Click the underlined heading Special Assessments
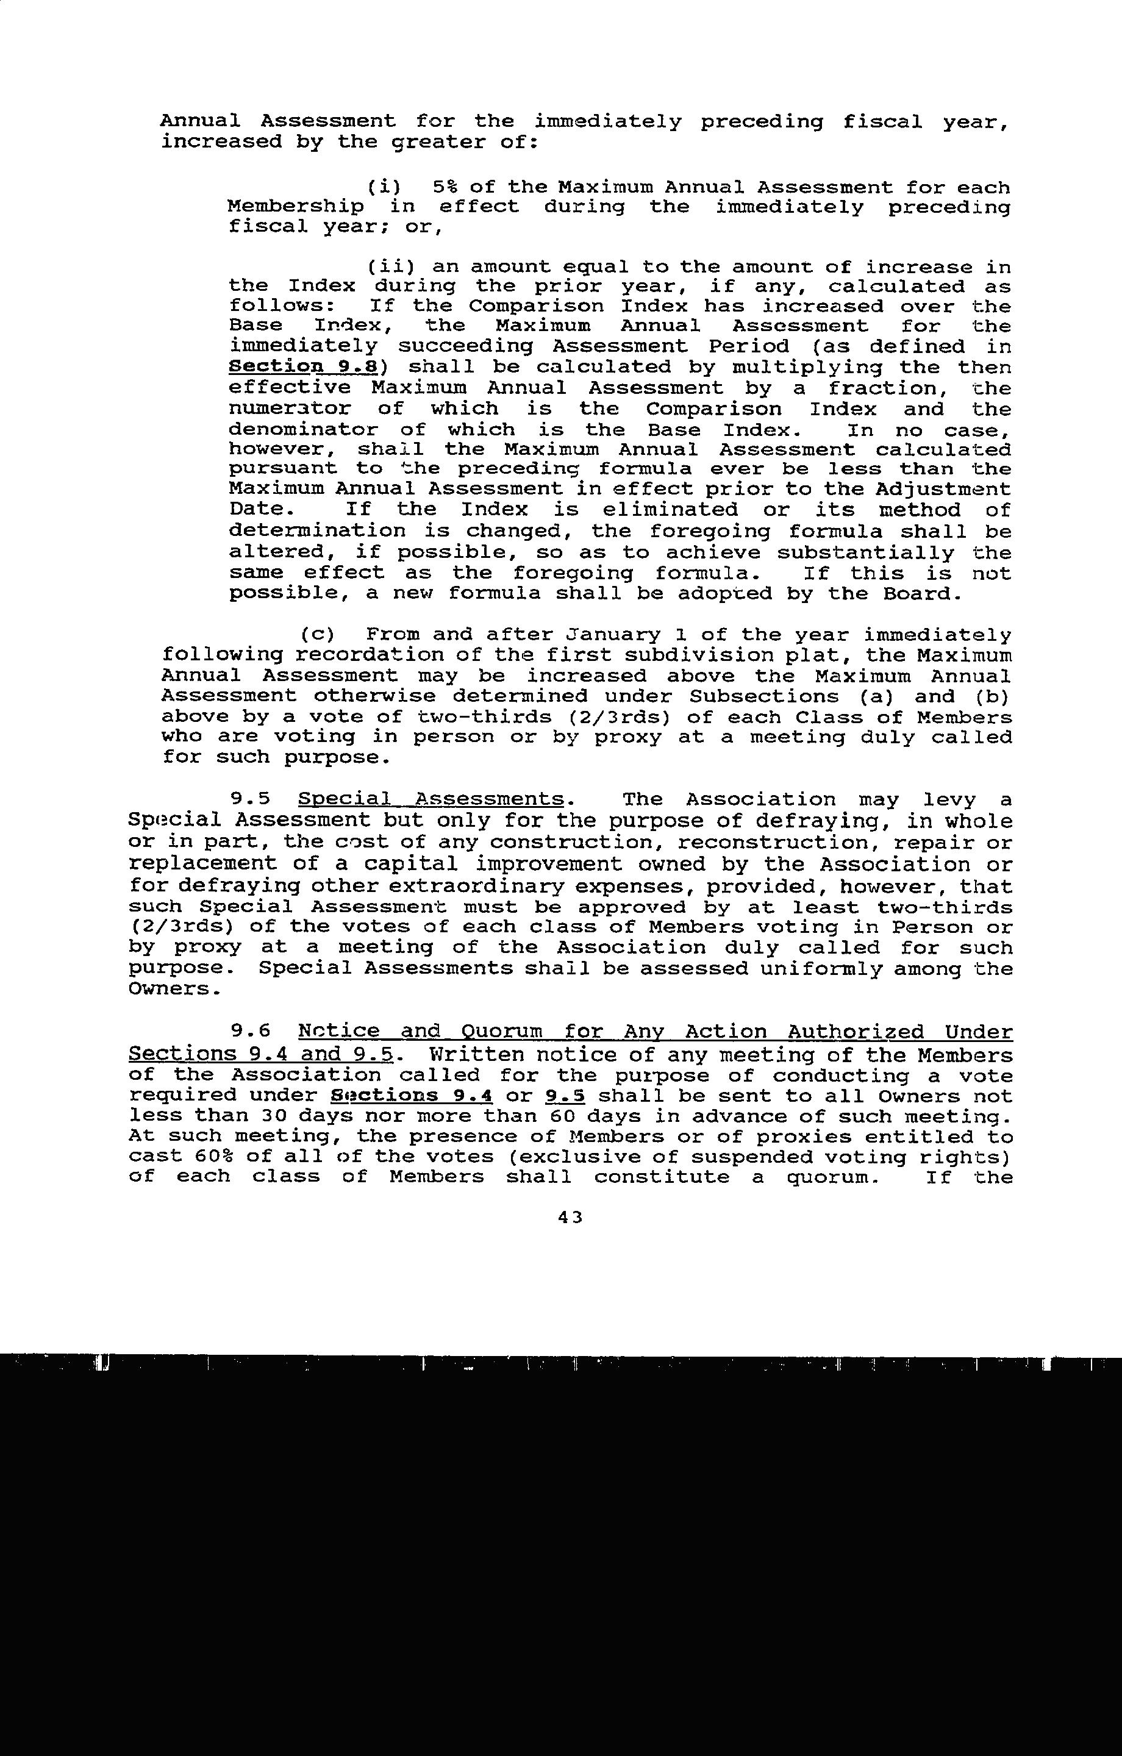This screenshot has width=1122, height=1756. tap(431, 800)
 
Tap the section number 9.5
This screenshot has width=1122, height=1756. tap(250, 800)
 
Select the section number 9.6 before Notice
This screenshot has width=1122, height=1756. tap(250, 1032)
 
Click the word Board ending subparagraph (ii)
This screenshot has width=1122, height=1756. tap(917, 594)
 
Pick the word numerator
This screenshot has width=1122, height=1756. tap(290, 409)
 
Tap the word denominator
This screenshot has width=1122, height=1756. tap(302, 429)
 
